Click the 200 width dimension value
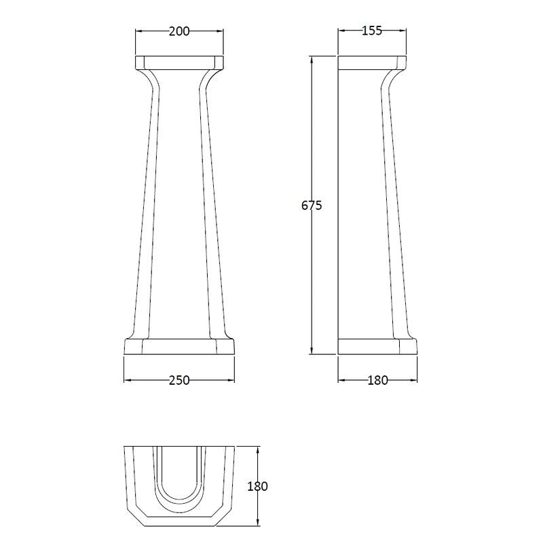(179, 31)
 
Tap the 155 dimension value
(372, 31)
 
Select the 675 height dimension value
(312, 206)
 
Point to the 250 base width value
(179, 380)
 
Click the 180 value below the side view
(377, 380)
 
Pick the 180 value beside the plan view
(257, 486)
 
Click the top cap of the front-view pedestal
(179, 62)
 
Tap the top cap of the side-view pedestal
(372, 62)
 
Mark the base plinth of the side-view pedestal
(377, 346)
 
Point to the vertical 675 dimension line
(312, 271)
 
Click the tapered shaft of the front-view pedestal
(179, 204)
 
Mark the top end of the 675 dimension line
(312, 56)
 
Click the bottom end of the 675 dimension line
(312, 354)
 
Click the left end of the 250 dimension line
(124, 380)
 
